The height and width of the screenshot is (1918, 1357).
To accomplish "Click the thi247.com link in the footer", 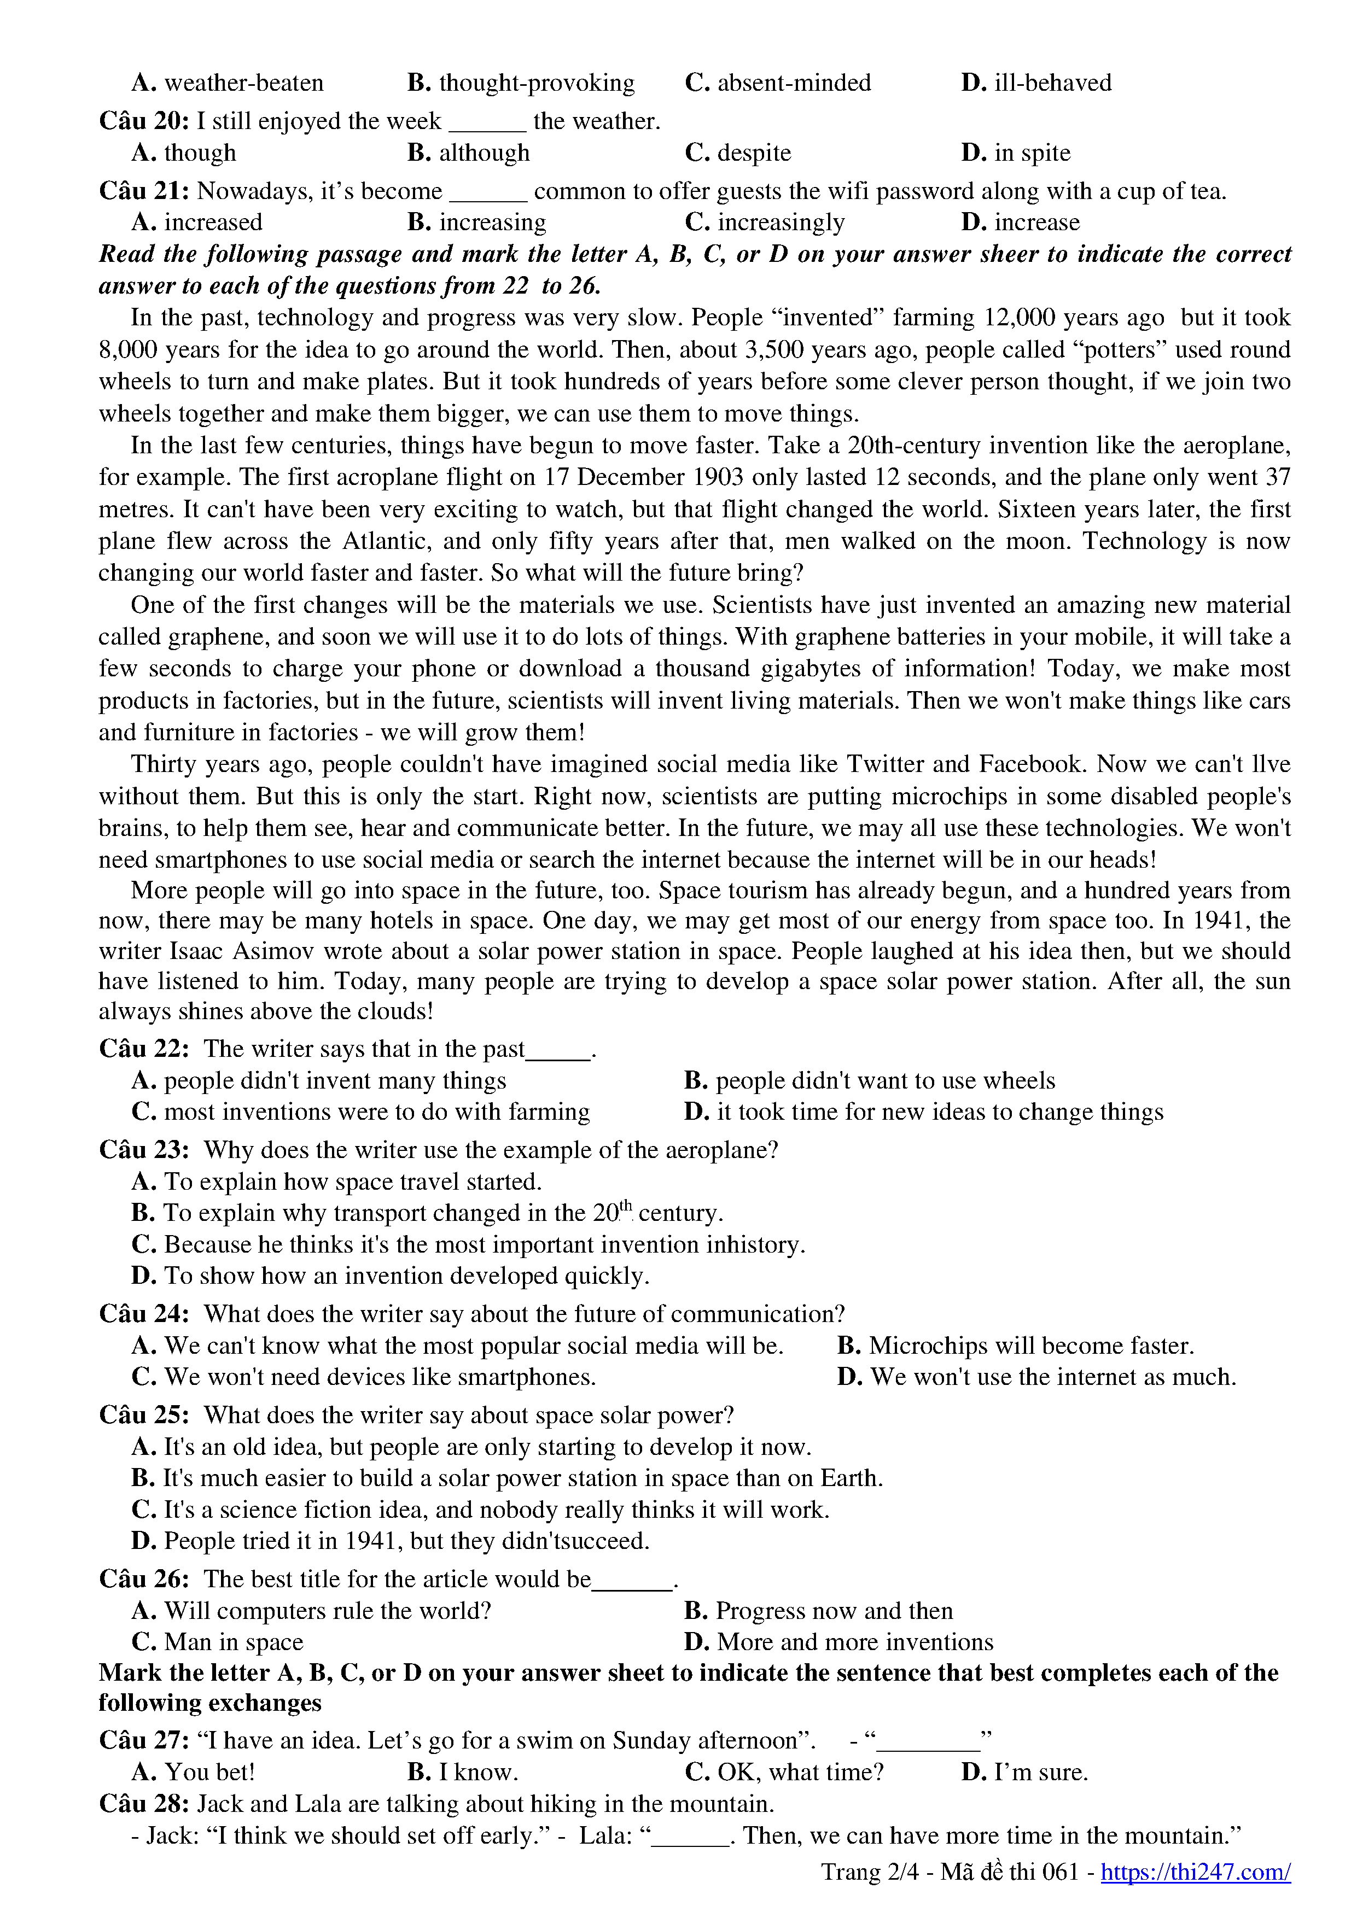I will click(1195, 1872).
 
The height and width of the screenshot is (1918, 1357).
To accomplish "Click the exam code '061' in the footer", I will click(1061, 1872).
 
